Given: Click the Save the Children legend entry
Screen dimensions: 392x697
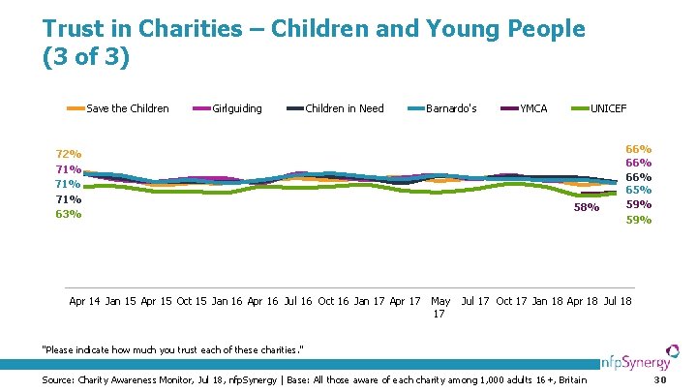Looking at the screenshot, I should point(127,108).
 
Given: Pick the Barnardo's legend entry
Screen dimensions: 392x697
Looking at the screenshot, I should point(451,108).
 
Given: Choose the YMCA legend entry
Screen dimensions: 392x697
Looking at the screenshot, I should point(533,108).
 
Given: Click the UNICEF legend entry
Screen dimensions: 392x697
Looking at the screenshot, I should point(608,108).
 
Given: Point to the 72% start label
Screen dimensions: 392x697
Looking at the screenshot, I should point(69,155).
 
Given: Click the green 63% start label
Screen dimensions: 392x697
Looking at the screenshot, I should point(69,214).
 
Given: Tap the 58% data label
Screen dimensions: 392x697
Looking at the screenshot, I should point(587,207).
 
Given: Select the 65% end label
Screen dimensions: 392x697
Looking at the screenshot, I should point(638,190).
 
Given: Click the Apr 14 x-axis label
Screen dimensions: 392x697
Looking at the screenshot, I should point(84,301).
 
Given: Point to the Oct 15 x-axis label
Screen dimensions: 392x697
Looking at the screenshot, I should point(192,301).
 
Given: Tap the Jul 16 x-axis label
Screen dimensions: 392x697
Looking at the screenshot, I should point(298,301).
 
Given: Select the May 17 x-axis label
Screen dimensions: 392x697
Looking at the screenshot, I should point(440,307).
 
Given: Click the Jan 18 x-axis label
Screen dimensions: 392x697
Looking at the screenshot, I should point(547,301).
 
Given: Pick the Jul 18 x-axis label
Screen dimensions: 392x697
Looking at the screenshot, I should point(618,301).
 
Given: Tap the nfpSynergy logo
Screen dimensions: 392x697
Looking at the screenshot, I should point(643,365).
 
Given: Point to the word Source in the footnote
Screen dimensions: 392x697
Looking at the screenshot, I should point(58,380).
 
